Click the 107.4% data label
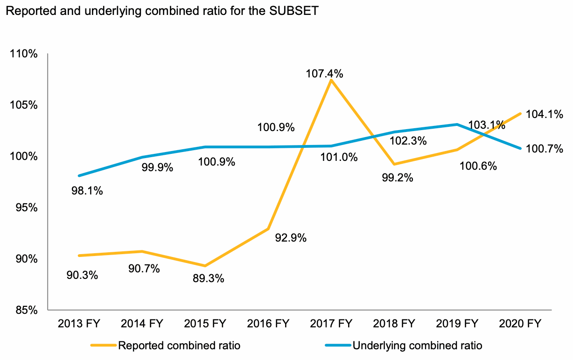click(x=325, y=73)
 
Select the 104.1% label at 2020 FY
click(x=545, y=114)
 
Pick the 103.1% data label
click(x=487, y=125)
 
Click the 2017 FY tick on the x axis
click(x=331, y=324)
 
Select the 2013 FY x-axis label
click(x=78, y=324)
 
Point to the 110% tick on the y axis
click(x=23, y=54)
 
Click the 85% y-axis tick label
click(x=26, y=310)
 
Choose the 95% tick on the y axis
click(x=26, y=208)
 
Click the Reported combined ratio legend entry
click(x=179, y=346)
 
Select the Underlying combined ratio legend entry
click(x=417, y=346)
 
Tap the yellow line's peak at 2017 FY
click(x=331, y=80)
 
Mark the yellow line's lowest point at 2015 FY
click(x=205, y=266)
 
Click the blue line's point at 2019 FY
click(x=457, y=125)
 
